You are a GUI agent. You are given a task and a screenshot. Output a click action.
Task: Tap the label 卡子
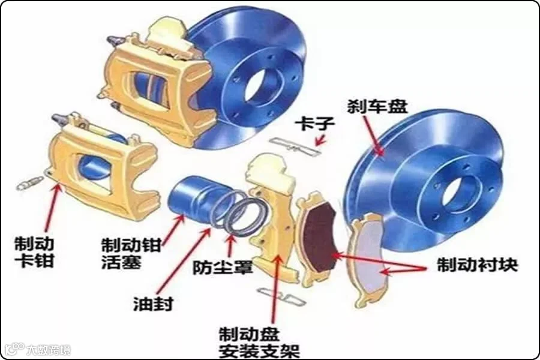[311, 125]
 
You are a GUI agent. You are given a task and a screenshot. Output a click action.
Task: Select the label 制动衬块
[477, 265]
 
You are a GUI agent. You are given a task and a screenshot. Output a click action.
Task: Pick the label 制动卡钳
[34, 253]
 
